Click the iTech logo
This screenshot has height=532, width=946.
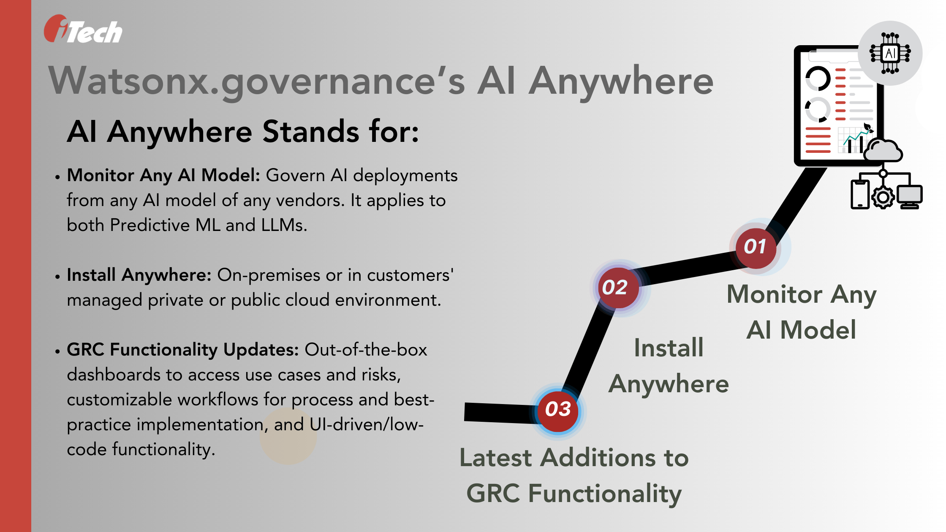pyautogui.click(x=83, y=30)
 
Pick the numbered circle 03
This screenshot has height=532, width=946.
pyautogui.click(x=558, y=410)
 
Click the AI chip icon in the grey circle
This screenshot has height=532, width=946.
pyautogui.click(x=890, y=54)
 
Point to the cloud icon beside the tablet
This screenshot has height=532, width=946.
pyautogui.click(x=883, y=150)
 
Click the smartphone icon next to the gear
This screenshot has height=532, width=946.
pyautogui.click(x=860, y=194)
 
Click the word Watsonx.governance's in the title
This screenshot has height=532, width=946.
pyautogui.click(x=257, y=81)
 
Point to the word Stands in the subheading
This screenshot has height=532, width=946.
pyautogui.click(x=312, y=132)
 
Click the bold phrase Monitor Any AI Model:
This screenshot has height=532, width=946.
pyautogui.click(x=163, y=175)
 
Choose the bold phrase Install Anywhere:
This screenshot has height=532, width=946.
pyautogui.click(x=139, y=275)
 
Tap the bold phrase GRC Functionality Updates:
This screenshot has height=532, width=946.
pyautogui.click(x=183, y=350)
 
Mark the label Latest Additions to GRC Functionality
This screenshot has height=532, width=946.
pyautogui.click(x=574, y=475)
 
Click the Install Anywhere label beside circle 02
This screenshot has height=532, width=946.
pyautogui.click(x=669, y=366)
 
